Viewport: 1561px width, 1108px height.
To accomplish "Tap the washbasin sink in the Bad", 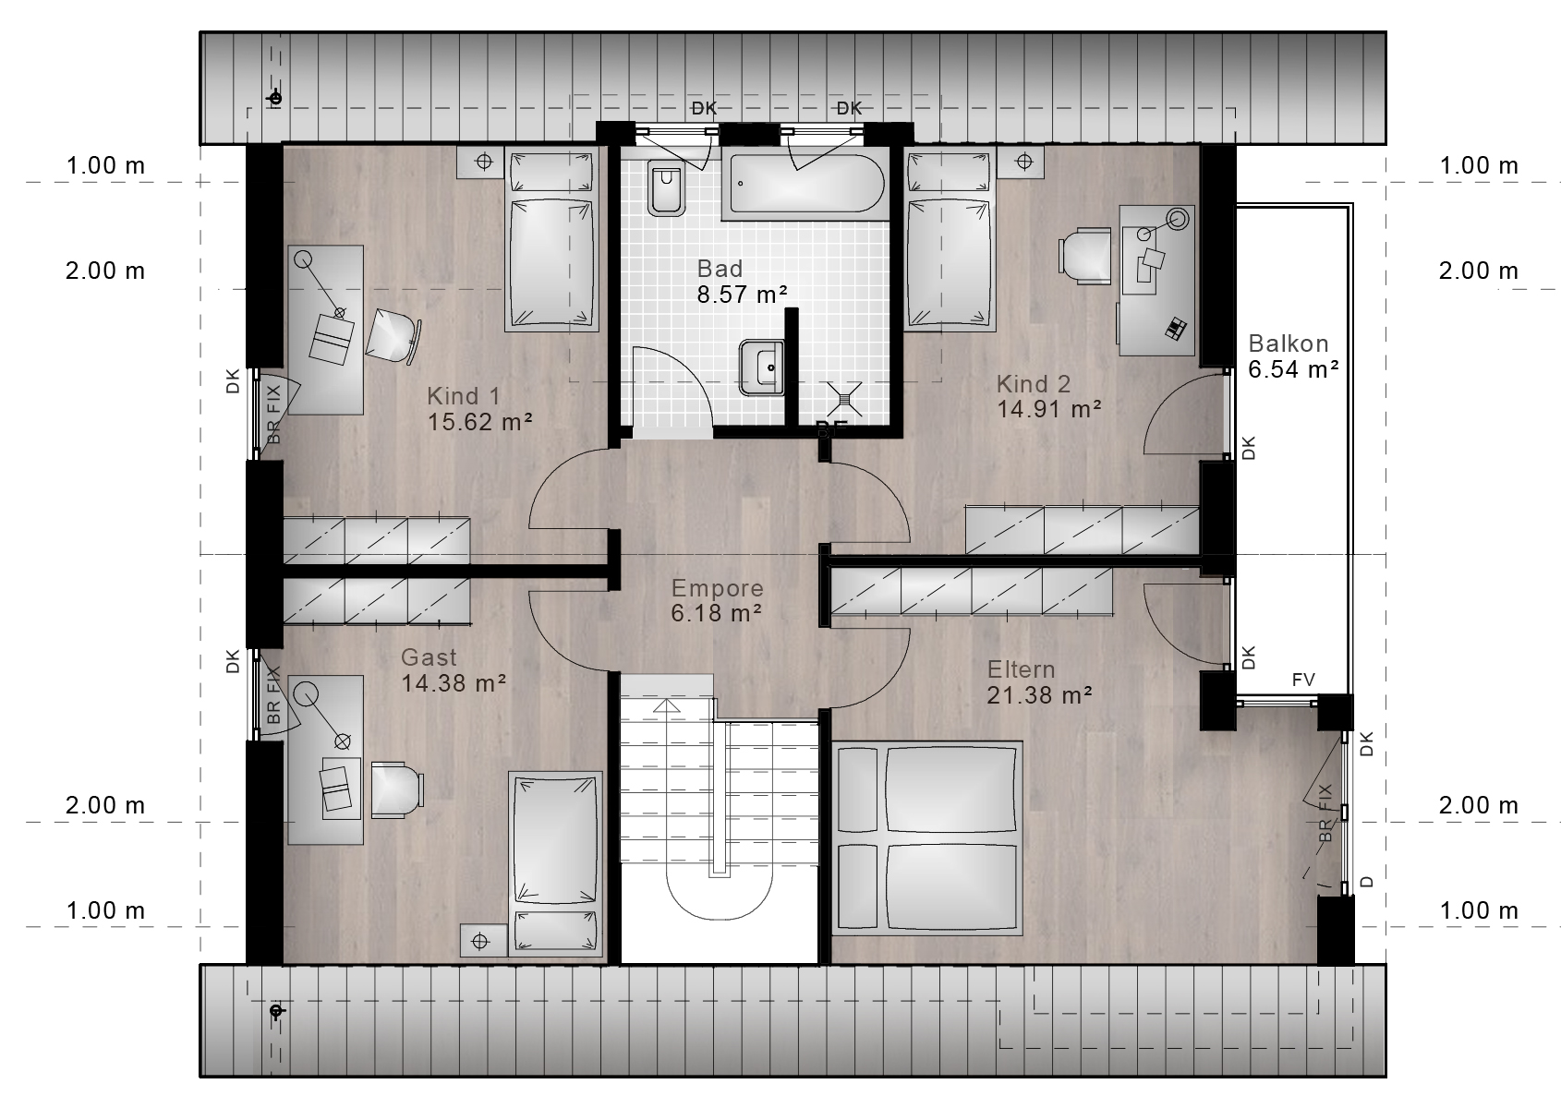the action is (762, 367).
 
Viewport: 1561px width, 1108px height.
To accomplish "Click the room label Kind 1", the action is (464, 396).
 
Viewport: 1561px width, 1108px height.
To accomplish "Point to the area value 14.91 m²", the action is (1048, 409).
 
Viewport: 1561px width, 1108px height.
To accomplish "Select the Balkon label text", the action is (1289, 343).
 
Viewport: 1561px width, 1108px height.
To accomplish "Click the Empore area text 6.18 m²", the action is (717, 613).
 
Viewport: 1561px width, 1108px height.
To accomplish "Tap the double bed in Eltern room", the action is (926, 837).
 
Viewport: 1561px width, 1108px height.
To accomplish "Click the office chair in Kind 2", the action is (1084, 256).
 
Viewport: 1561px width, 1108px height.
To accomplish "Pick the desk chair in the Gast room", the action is (397, 789).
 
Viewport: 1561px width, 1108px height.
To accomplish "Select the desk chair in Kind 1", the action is (393, 336).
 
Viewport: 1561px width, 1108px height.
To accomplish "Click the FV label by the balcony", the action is (1303, 680).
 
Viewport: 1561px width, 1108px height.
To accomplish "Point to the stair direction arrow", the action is (667, 706).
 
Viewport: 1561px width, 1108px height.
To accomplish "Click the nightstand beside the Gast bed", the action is (483, 941).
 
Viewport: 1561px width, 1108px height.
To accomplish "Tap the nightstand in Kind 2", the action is (1021, 163).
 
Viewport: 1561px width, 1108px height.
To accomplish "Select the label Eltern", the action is (1021, 670).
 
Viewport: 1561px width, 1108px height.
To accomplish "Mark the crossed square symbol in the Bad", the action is (844, 399).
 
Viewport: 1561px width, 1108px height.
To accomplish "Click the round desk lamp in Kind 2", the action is (1178, 220).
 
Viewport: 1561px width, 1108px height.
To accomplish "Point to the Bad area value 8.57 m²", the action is (743, 295).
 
